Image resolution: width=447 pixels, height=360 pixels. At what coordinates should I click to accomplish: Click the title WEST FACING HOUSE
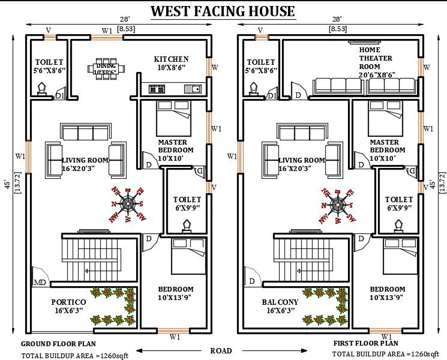pos(223,11)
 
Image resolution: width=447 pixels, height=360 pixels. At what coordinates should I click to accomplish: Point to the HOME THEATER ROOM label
pos(377,62)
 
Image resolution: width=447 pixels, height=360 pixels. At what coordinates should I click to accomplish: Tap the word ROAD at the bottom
pos(221,350)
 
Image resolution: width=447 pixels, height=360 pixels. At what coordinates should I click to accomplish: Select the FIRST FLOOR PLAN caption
pos(365,344)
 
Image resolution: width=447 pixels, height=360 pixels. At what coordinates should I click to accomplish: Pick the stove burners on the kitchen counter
pos(157,89)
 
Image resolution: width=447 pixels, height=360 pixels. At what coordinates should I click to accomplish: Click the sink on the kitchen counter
pos(192,89)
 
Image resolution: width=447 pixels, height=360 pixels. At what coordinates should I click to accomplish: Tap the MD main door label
pos(40,283)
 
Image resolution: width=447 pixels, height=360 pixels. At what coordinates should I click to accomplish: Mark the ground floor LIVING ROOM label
pos(85,160)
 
